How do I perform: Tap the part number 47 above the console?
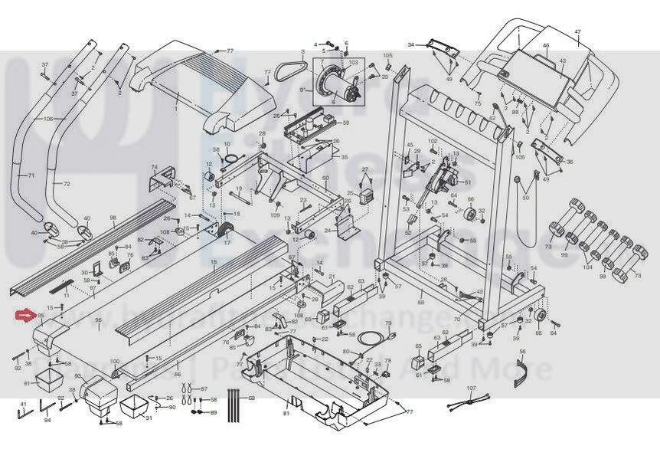pyautogui.click(x=578, y=31)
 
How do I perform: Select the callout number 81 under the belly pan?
pyautogui.click(x=286, y=414)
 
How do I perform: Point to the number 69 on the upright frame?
pyautogui.click(x=420, y=303)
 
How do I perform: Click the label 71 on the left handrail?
pyautogui.click(x=31, y=175)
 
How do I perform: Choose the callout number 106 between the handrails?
pyautogui.click(x=48, y=119)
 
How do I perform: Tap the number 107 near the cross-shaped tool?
pyautogui.click(x=471, y=388)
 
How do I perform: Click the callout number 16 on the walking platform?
pyautogui.click(x=214, y=262)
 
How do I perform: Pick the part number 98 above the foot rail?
pyautogui.click(x=113, y=218)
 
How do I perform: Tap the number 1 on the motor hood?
pyautogui.click(x=175, y=109)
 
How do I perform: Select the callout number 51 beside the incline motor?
pyautogui.click(x=468, y=182)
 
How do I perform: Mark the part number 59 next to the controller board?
pyautogui.click(x=346, y=123)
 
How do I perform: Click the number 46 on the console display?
pyautogui.click(x=546, y=46)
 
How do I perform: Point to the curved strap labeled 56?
pyautogui.click(x=523, y=369)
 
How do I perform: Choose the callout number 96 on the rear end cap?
pyautogui.click(x=98, y=320)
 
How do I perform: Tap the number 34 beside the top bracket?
pyautogui.click(x=410, y=44)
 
